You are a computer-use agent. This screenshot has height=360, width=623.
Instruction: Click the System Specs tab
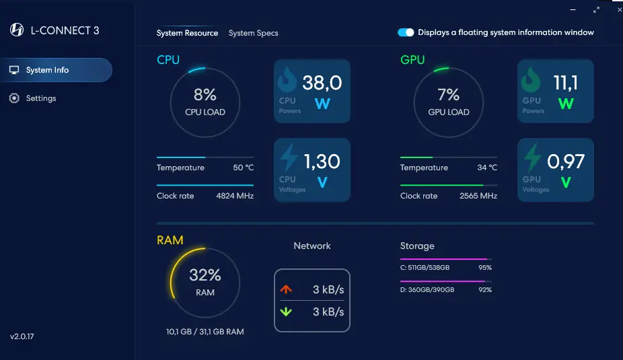(x=253, y=33)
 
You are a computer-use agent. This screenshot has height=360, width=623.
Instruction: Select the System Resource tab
(x=187, y=33)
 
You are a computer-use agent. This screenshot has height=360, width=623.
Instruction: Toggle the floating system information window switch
(x=406, y=32)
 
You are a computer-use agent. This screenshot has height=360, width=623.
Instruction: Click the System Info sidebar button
(x=56, y=70)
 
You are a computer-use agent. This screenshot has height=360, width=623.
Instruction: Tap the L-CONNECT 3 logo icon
(x=17, y=30)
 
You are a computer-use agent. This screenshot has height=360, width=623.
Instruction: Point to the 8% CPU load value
(x=205, y=95)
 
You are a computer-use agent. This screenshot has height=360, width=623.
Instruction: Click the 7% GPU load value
(x=449, y=95)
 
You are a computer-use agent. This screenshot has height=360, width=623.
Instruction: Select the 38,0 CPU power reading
(x=322, y=83)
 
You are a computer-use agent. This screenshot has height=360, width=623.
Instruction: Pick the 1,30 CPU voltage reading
(x=322, y=161)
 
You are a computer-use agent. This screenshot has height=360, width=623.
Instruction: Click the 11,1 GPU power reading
(x=566, y=83)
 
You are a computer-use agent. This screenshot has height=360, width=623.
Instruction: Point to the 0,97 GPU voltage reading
(x=566, y=161)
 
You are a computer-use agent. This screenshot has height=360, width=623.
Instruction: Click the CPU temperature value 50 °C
(x=243, y=168)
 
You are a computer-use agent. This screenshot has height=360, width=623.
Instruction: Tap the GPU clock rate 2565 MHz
(x=478, y=196)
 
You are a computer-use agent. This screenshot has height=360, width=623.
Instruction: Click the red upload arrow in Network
(x=286, y=289)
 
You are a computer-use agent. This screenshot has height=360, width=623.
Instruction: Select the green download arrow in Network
(x=286, y=312)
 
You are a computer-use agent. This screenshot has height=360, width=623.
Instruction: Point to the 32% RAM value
(x=205, y=275)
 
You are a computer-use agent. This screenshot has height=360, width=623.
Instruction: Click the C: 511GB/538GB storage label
(x=425, y=267)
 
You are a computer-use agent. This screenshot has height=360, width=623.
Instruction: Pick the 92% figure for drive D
(x=485, y=289)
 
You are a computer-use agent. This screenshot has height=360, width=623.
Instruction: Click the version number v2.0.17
(x=22, y=336)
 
